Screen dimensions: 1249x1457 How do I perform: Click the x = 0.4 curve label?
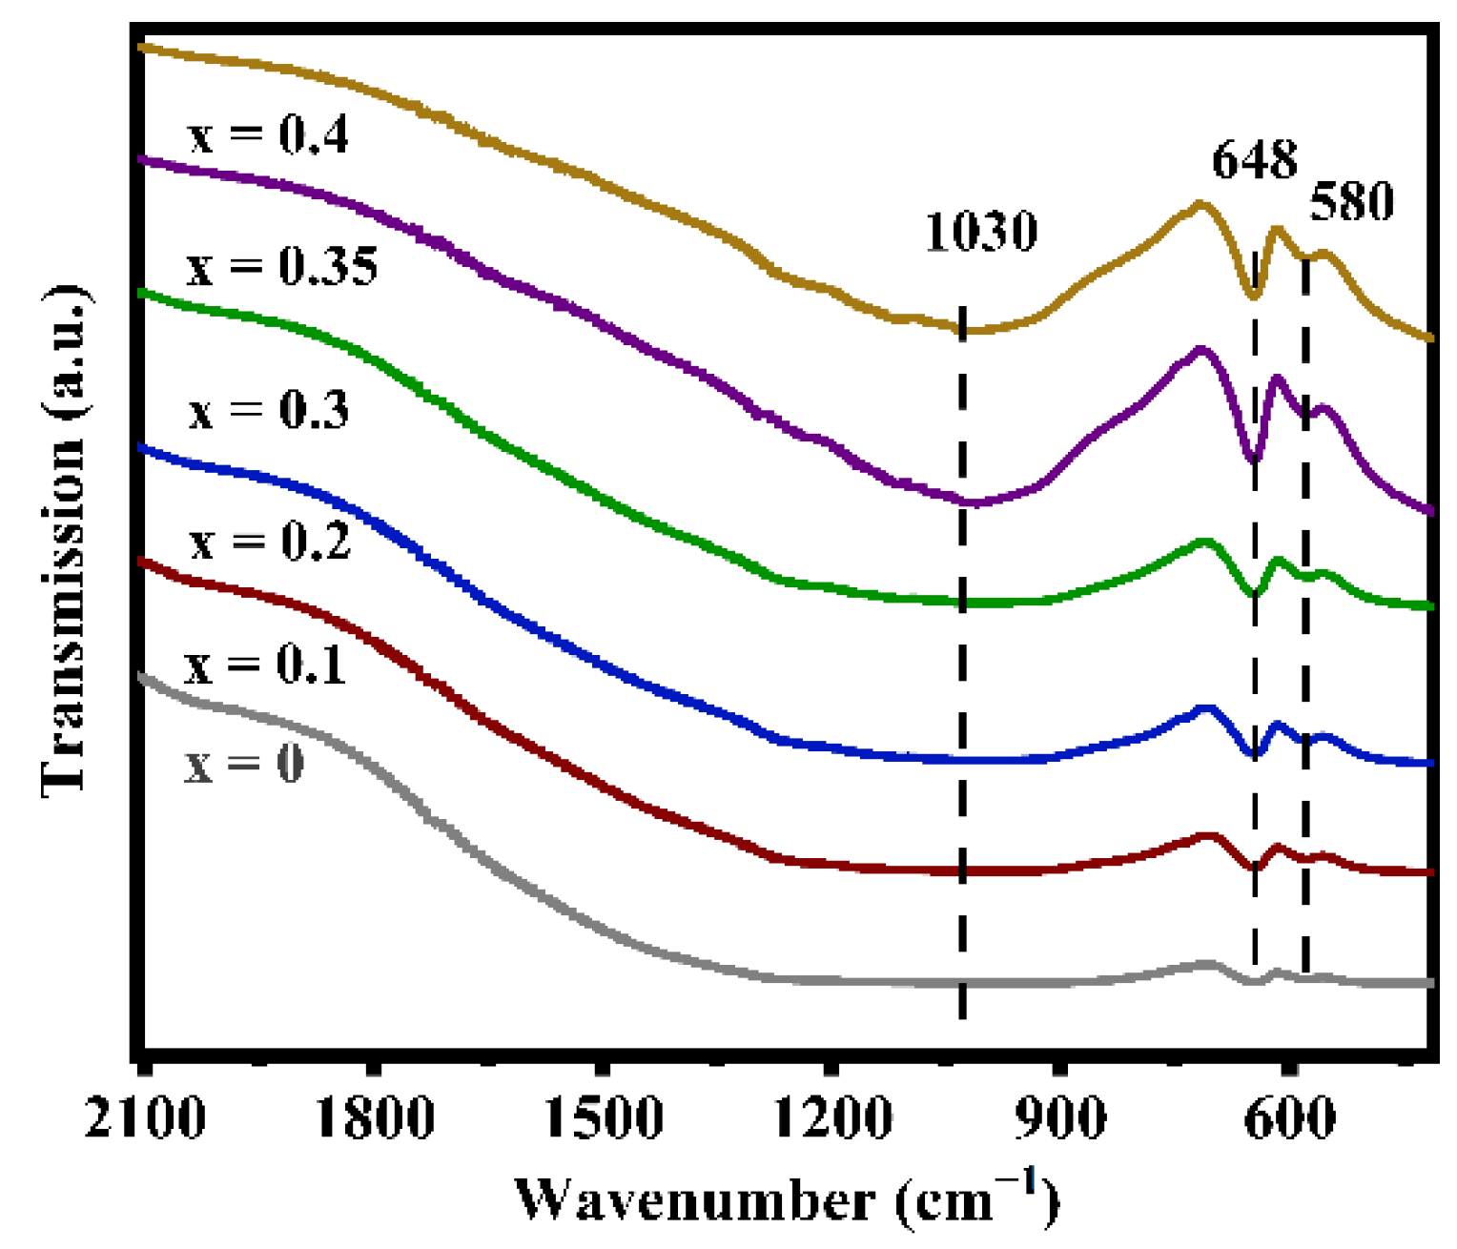pos(269,135)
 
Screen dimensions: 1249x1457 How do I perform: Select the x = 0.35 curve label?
pos(282,266)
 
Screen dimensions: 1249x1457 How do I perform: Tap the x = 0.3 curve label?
pos(269,410)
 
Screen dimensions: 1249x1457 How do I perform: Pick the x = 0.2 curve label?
pos(270,542)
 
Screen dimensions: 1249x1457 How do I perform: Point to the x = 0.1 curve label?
pos(264,665)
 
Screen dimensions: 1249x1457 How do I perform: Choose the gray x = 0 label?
pos(244,764)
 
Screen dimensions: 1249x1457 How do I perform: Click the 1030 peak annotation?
pos(981,232)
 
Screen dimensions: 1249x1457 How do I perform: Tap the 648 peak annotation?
pos(1254,159)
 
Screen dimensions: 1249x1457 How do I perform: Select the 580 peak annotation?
pos(1351,201)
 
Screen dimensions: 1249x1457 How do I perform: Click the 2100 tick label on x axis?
pos(145,1116)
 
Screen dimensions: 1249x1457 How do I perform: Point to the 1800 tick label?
pos(375,1116)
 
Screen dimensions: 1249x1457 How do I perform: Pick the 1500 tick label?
pos(604,1116)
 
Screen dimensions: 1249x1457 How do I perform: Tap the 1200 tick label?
pos(833,1116)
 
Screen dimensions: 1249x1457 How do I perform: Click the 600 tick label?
pos(1290,1116)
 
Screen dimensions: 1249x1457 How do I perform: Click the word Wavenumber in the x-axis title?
pos(694,1199)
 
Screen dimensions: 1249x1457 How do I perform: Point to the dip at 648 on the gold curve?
pos(1255,295)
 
